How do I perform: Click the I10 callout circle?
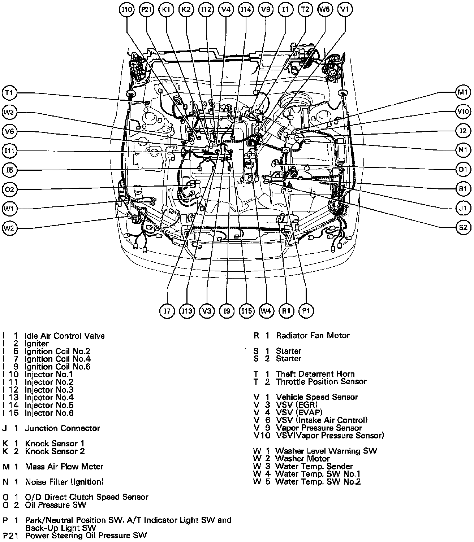click(x=127, y=10)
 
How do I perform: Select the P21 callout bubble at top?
click(x=147, y=10)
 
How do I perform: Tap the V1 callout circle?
click(x=345, y=10)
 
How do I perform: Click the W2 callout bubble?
click(x=9, y=228)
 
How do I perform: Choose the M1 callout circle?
click(x=463, y=92)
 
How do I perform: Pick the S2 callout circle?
click(x=463, y=228)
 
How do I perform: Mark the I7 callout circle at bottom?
click(x=167, y=311)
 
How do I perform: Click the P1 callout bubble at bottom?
click(x=306, y=311)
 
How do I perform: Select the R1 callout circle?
click(x=286, y=311)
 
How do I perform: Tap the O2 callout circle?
click(x=9, y=189)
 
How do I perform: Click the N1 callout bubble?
click(x=463, y=150)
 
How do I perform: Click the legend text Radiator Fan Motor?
click(x=313, y=336)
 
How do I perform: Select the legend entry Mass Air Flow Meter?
click(x=64, y=467)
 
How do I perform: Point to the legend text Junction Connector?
click(x=62, y=428)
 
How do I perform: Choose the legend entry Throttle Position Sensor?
click(x=321, y=381)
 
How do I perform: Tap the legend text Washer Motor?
click(x=302, y=459)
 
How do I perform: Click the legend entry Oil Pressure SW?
click(x=56, y=505)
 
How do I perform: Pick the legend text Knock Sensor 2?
click(x=55, y=451)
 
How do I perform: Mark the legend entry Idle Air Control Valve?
click(x=65, y=336)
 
